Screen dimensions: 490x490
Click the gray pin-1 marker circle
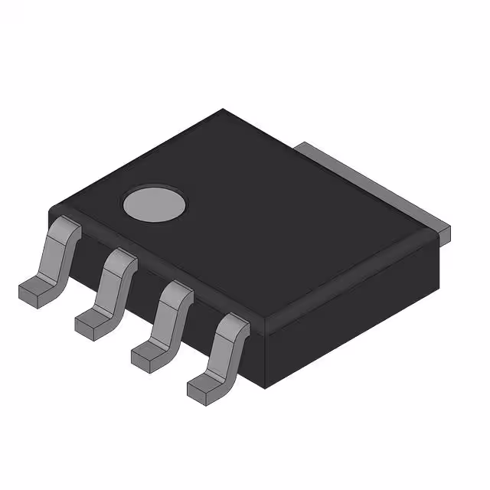(x=155, y=204)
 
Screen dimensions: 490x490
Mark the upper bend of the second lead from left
(x=122, y=260)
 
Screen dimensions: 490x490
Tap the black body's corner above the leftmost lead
(x=52, y=210)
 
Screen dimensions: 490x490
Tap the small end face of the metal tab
(x=444, y=230)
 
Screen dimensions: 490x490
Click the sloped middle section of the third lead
(x=167, y=322)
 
